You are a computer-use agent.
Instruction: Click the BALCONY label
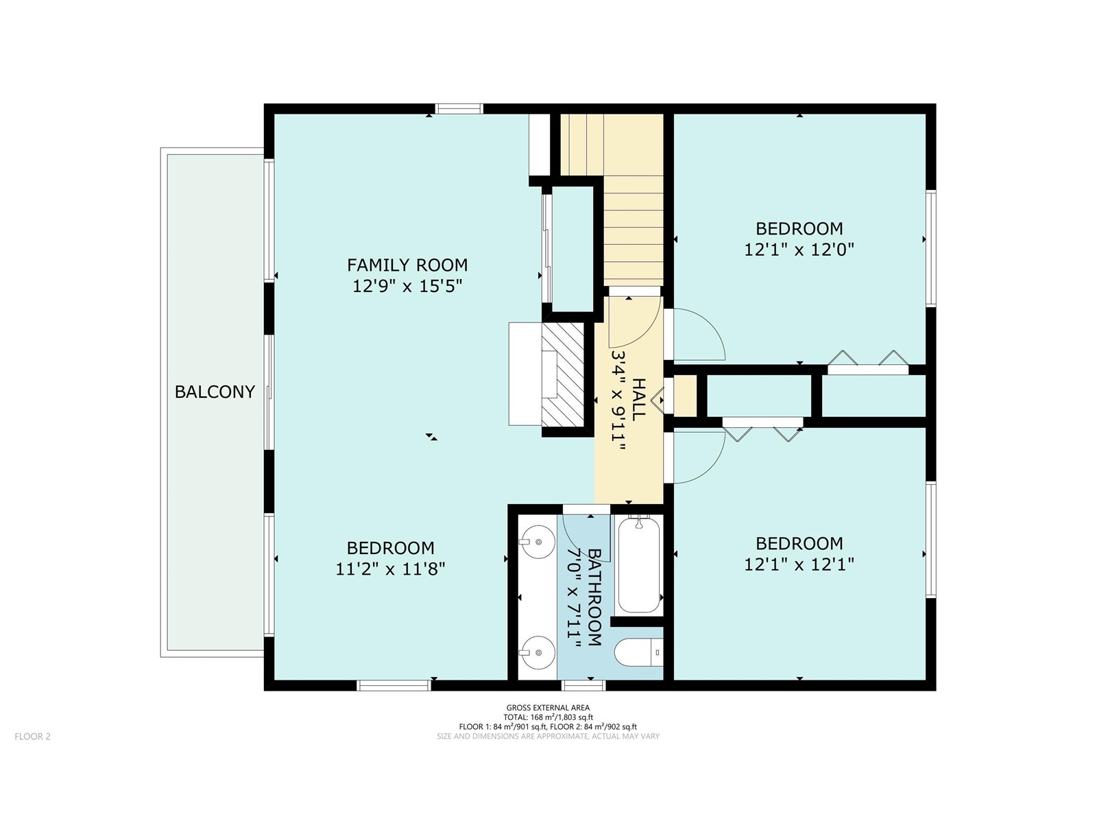215,392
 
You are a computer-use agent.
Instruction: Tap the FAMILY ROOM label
407,265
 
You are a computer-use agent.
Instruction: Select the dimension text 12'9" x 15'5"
407,286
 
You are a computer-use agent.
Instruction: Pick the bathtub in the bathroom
638,565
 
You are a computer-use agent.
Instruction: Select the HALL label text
638,399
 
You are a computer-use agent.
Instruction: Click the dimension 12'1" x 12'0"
799,250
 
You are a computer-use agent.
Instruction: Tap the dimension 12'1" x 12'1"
799,564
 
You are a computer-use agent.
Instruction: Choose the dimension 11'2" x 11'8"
390,569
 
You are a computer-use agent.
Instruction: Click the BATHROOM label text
594,597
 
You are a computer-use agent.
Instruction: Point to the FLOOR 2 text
33,737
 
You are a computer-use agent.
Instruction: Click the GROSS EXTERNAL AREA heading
548,708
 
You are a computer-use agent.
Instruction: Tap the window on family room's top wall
459,108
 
